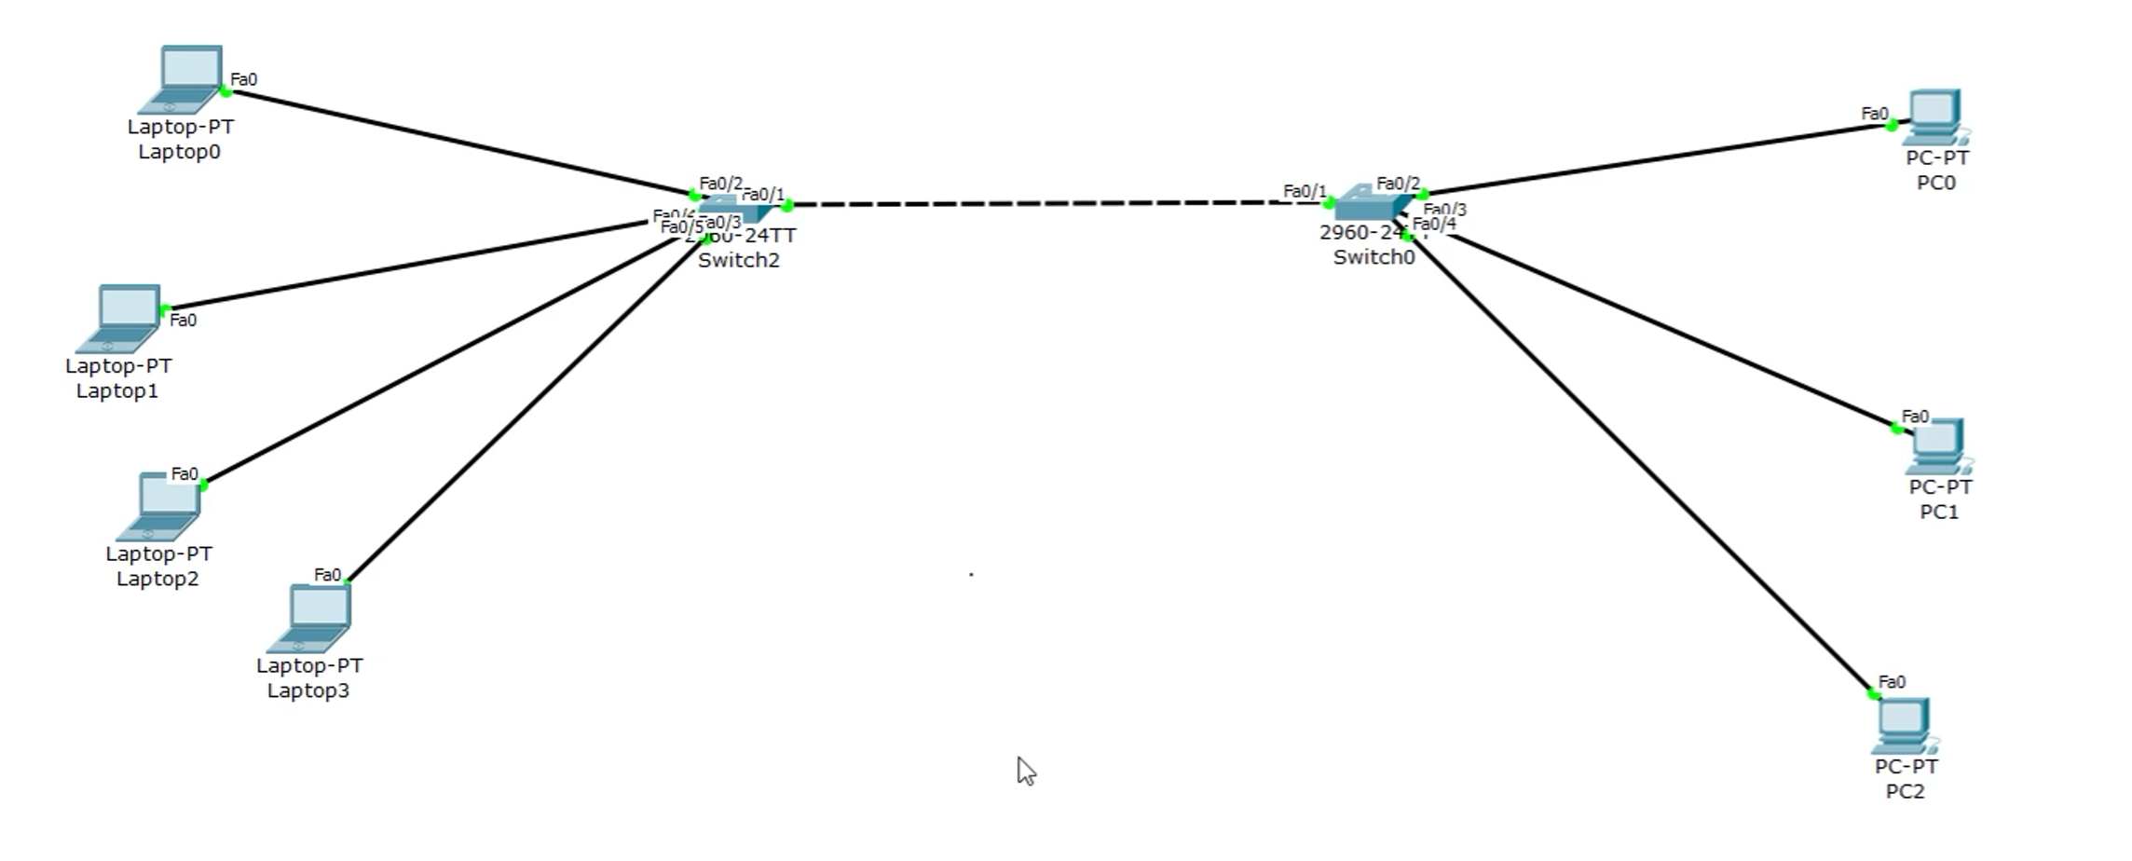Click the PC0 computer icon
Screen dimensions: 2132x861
point(1936,117)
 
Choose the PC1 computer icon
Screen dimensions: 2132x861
point(1938,446)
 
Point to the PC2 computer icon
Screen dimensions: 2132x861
point(1905,726)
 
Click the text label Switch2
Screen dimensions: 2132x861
point(738,260)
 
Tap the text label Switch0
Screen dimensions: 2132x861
point(1373,257)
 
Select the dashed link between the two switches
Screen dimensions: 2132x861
point(1053,203)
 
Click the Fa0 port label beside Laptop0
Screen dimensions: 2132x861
point(243,79)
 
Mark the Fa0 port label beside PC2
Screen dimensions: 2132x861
point(1891,682)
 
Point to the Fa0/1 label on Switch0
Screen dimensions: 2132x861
point(1304,191)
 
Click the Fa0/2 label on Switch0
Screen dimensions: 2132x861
point(1398,184)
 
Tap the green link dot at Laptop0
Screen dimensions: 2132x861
point(225,91)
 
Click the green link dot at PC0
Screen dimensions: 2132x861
point(1892,125)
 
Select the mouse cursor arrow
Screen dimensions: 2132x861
point(1025,771)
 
